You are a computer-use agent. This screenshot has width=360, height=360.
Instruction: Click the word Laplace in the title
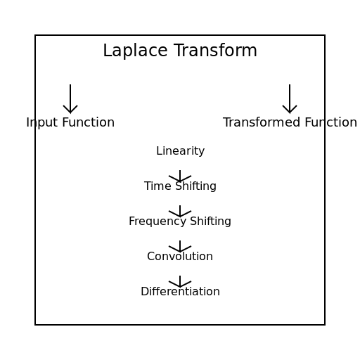[x=135, y=51]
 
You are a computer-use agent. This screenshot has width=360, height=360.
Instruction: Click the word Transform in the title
[x=215, y=50]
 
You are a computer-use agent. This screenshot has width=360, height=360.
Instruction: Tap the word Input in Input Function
[x=41, y=122]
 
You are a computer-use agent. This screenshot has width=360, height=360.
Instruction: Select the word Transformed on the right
[x=262, y=122]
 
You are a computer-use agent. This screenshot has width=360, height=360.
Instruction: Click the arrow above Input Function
[x=70, y=99]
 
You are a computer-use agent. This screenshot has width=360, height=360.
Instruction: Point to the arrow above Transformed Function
[x=290, y=99]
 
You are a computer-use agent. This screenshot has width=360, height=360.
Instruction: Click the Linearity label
[x=180, y=151]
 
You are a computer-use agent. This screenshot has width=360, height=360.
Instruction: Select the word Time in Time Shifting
[x=157, y=186]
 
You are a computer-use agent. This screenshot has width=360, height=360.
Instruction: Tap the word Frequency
[x=157, y=221]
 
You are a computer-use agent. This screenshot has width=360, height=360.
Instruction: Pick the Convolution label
[x=180, y=256]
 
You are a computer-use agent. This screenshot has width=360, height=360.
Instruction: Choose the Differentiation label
[x=180, y=291]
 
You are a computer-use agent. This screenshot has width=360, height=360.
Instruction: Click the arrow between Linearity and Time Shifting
[x=180, y=176]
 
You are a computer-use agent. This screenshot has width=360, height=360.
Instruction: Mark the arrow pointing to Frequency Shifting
[x=180, y=212]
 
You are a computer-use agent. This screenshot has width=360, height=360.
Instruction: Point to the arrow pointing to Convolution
[x=180, y=247]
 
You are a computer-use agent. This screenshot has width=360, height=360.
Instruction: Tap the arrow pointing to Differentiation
[x=180, y=282]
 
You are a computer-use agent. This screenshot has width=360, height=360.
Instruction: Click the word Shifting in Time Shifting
[x=196, y=186]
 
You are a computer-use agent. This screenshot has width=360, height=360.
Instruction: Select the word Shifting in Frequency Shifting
[x=210, y=221]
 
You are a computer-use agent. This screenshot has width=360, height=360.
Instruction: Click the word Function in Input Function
[x=89, y=122]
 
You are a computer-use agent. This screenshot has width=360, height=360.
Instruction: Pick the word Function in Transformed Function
[x=331, y=122]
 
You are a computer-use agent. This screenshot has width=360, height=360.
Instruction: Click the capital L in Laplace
[x=108, y=51]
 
